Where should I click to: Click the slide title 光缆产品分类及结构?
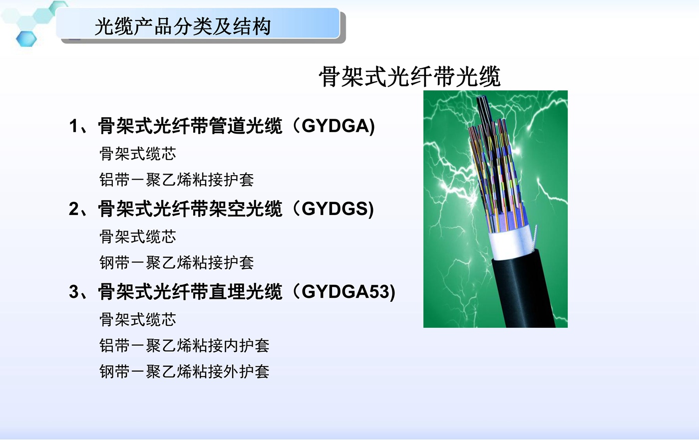tap(183, 26)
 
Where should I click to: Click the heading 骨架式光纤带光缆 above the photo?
tap(410, 76)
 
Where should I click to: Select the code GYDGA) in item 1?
tap(338, 126)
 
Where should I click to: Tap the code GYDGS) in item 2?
tap(338, 209)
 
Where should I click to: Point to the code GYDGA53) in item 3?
tap(349, 292)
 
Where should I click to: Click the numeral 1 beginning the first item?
tap(73, 126)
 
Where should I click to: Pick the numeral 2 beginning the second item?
tap(74, 209)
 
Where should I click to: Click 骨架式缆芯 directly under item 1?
tap(138, 154)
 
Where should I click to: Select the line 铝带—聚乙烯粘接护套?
tap(177, 180)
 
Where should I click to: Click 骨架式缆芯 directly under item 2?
tap(138, 236)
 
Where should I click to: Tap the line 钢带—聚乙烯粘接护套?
tap(177, 262)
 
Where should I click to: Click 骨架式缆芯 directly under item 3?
tap(138, 320)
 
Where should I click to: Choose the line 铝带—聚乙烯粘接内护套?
tap(184, 346)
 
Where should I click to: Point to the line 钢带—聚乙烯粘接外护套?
tap(184, 372)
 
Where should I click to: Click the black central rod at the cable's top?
tap(484, 109)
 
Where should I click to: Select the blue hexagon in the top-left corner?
tap(26, 39)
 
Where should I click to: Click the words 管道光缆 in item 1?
tap(246, 126)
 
